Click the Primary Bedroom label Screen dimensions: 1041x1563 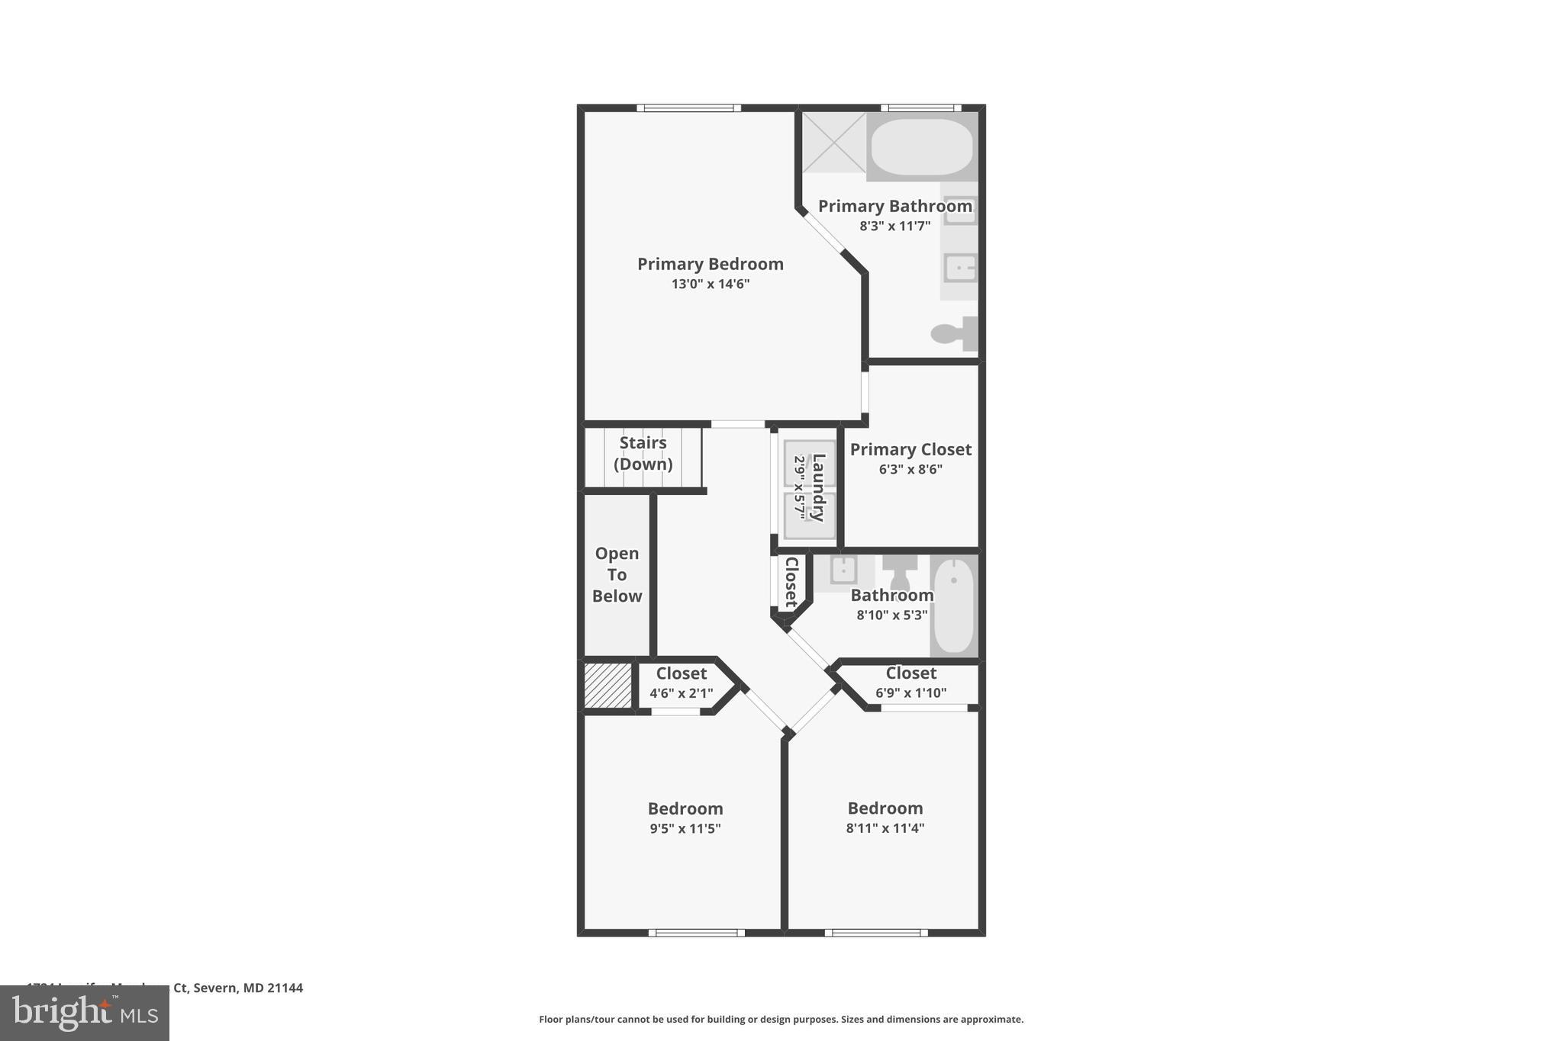coord(710,264)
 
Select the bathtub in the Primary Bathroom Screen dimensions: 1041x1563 coord(922,147)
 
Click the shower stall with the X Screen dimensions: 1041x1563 coord(833,143)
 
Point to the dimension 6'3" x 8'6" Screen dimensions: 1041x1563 coord(910,470)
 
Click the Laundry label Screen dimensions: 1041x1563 coord(818,487)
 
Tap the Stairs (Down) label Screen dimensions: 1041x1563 coord(643,453)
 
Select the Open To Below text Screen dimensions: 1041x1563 coord(617,574)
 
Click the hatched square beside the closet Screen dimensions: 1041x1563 coord(608,685)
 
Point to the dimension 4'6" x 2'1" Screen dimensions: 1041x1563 coord(681,693)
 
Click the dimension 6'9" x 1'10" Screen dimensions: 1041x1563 coord(910,693)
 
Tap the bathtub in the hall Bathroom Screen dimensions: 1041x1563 coord(954,606)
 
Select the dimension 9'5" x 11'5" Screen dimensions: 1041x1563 coord(685,828)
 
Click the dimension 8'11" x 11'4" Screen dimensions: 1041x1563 coord(885,828)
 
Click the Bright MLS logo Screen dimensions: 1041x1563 coord(85,1013)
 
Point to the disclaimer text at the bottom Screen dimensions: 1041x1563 coord(781,1019)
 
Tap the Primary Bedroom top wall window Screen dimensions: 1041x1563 coord(688,108)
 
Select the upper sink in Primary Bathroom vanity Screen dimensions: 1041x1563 coord(960,210)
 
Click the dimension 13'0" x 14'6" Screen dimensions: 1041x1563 coord(710,284)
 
